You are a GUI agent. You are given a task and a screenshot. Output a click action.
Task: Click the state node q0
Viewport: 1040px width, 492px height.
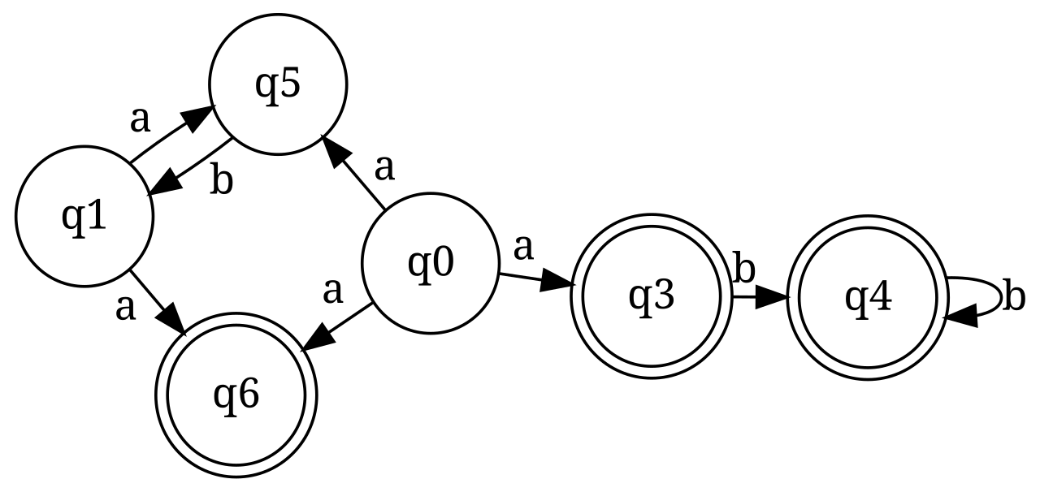430,263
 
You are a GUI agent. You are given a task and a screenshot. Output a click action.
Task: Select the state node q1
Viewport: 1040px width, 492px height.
84,216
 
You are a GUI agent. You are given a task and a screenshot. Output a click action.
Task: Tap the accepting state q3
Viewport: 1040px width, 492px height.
652,296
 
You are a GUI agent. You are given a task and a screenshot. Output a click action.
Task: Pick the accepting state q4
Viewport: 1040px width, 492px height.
867,297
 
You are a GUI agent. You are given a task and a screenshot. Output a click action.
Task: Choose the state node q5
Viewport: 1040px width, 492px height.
278,84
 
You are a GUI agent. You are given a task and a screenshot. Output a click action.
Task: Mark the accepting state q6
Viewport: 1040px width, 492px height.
236,395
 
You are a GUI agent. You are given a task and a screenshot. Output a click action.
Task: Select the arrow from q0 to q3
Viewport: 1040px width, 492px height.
536,280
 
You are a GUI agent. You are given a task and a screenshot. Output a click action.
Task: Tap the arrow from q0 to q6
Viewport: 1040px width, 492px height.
337,326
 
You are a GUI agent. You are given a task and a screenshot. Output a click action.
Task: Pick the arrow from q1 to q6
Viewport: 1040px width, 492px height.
158,302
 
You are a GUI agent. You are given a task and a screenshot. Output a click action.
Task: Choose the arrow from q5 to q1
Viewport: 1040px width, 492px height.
189,168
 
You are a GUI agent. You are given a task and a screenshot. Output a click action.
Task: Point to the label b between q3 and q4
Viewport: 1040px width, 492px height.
743,268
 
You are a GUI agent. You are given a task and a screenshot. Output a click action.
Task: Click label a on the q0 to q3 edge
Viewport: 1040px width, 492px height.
524,248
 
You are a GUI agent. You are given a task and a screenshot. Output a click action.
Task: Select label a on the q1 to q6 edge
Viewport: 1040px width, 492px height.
125,307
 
